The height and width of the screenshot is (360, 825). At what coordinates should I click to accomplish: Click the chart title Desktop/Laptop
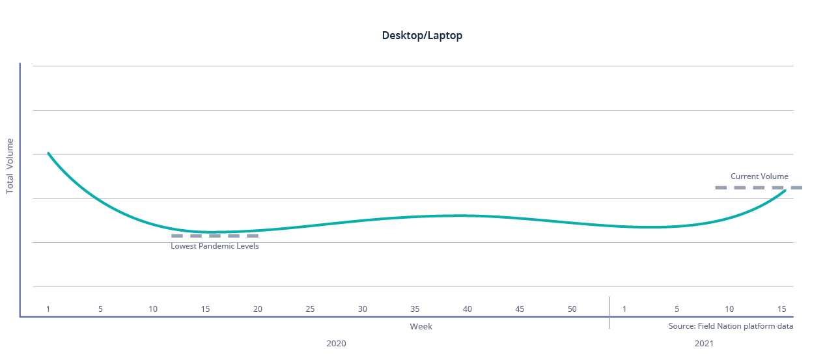tap(422, 36)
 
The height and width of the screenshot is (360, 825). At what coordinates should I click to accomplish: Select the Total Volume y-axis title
tap(10, 166)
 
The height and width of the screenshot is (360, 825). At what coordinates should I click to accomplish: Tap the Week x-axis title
tap(421, 326)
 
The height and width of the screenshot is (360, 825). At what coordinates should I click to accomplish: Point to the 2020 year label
tap(336, 343)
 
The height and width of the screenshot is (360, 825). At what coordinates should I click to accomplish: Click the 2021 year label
tap(704, 343)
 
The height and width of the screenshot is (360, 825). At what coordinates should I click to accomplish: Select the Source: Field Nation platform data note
tap(731, 326)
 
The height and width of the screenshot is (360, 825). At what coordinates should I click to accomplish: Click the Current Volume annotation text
tap(759, 176)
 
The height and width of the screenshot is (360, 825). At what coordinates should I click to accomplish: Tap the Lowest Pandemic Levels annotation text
tap(215, 246)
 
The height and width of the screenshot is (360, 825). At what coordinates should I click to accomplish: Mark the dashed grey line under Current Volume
tap(758, 187)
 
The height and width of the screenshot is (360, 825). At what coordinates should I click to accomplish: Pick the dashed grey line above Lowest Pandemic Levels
tap(215, 236)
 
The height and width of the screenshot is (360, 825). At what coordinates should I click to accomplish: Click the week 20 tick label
tap(258, 309)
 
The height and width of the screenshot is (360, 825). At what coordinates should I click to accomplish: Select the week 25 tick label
tap(310, 309)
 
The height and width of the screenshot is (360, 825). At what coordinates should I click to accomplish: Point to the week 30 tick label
tap(363, 309)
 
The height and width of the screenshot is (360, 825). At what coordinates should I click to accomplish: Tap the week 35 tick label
tap(415, 309)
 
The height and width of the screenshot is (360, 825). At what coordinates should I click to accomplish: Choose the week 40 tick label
tap(468, 309)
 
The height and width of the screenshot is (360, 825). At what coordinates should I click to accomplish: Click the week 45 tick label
tap(520, 309)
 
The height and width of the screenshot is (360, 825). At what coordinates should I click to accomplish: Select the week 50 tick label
tap(572, 309)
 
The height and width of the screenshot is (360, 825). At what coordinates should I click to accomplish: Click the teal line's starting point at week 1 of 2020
tap(48, 153)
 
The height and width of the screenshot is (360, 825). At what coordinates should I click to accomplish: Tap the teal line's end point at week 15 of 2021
tap(785, 191)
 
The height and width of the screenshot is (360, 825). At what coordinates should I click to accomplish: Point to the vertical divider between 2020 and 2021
tap(609, 312)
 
